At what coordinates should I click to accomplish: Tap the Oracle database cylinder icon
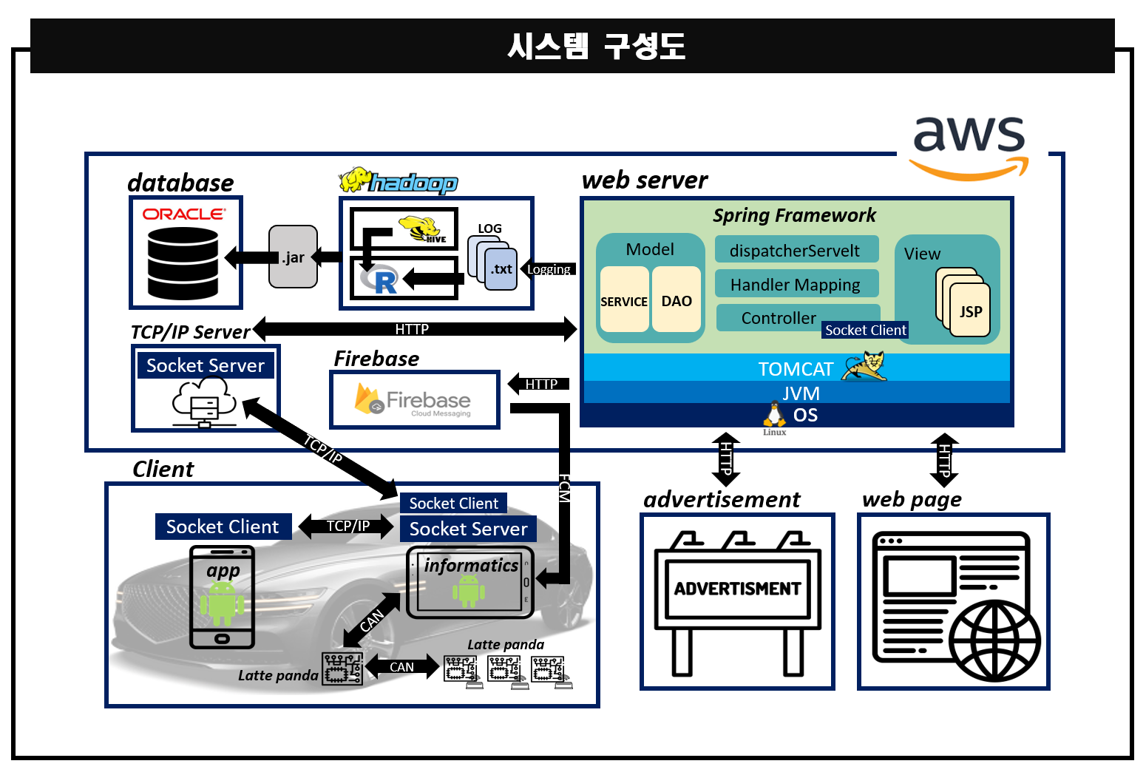183,263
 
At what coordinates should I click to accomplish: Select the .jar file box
293,257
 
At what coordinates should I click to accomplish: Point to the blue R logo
380,280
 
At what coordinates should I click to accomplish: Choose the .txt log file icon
501,269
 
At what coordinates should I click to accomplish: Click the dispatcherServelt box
796,250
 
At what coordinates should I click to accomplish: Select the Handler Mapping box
796,284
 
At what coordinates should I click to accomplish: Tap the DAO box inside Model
677,300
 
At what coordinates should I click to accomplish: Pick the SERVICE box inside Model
624,300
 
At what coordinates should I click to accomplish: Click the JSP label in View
971,311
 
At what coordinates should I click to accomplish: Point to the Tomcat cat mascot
866,366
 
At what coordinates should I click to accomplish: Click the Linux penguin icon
774,415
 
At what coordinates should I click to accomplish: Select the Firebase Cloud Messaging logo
414,400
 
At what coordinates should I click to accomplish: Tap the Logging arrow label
549,269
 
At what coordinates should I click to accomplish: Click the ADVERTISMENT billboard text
737,589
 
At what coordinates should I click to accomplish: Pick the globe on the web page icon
994,640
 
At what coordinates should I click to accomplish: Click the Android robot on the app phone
222,601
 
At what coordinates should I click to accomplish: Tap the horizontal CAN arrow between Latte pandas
401,667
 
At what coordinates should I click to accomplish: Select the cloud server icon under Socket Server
204,402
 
